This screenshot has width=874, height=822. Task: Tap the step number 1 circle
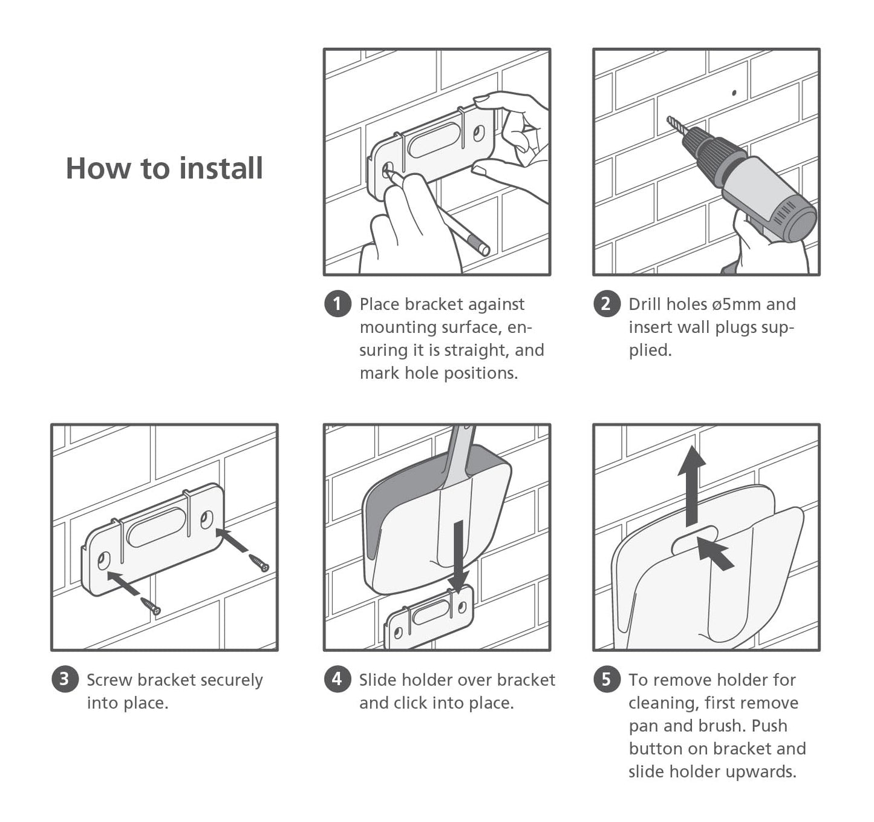point(338,303)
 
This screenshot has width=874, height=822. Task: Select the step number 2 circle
point(607,303)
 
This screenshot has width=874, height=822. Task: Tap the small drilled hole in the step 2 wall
point(734,93)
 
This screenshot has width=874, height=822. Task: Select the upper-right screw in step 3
point(259,563)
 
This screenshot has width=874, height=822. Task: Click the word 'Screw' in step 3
point(109,680)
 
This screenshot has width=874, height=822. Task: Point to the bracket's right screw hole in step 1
point(479,134)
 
